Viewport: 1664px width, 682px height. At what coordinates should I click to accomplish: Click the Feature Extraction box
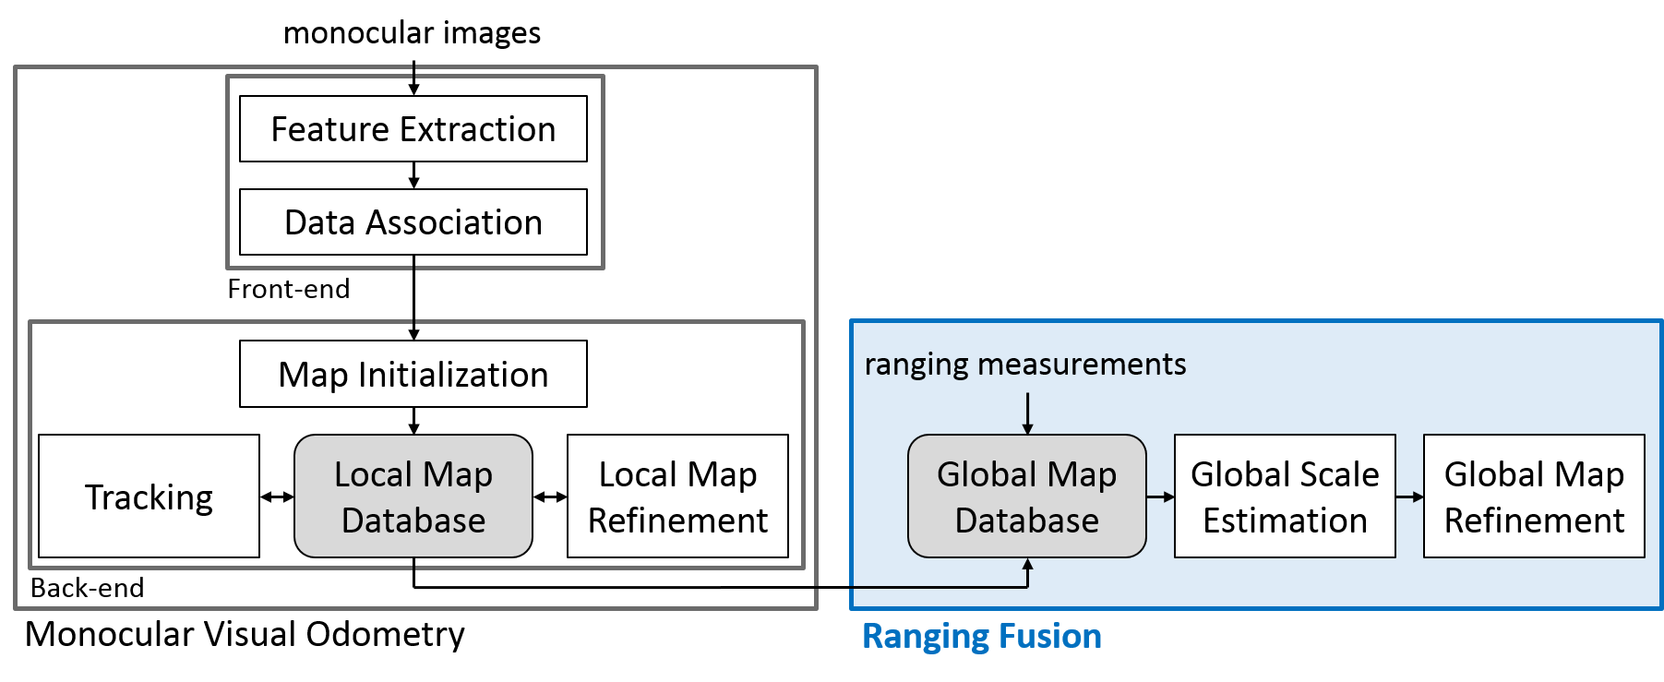coord(413,129)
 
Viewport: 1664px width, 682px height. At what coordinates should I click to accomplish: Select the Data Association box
coord(413,222)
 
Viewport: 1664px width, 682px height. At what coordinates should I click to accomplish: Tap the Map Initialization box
coord(413,375)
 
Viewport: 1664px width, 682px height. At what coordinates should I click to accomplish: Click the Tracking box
coord(149,497)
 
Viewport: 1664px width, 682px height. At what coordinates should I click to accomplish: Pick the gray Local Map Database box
coord(413,497)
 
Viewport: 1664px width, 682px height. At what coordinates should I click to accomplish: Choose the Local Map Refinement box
coord(677,497)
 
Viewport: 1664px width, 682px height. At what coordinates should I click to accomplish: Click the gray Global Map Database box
coord(1026,497)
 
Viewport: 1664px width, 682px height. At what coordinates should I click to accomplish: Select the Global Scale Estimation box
coord(1285,497)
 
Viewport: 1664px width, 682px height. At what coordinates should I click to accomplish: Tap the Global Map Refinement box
coord(1534,497)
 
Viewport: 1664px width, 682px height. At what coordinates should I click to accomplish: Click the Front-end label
coord(288,289)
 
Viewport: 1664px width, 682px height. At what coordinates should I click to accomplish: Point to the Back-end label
coord(87,588)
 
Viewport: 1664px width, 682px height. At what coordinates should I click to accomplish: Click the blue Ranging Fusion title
coord(981,637)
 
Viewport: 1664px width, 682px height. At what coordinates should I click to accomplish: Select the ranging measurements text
coord(1024,365)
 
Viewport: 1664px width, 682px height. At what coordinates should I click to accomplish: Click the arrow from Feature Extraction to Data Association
coord(413,175)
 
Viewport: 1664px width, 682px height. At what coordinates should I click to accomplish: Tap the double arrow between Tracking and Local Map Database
coord(277,497)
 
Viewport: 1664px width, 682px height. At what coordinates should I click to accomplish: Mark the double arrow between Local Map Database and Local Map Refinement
coord(550,497)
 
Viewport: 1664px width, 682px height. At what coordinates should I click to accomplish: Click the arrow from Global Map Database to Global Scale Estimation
coord(1160,497)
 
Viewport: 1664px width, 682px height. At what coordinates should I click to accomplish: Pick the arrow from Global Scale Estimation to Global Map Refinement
coord(1409,497)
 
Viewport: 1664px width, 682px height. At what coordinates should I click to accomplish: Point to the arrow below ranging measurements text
coord(1027,413)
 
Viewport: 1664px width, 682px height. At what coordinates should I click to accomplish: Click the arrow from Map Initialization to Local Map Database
coord(413,421)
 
